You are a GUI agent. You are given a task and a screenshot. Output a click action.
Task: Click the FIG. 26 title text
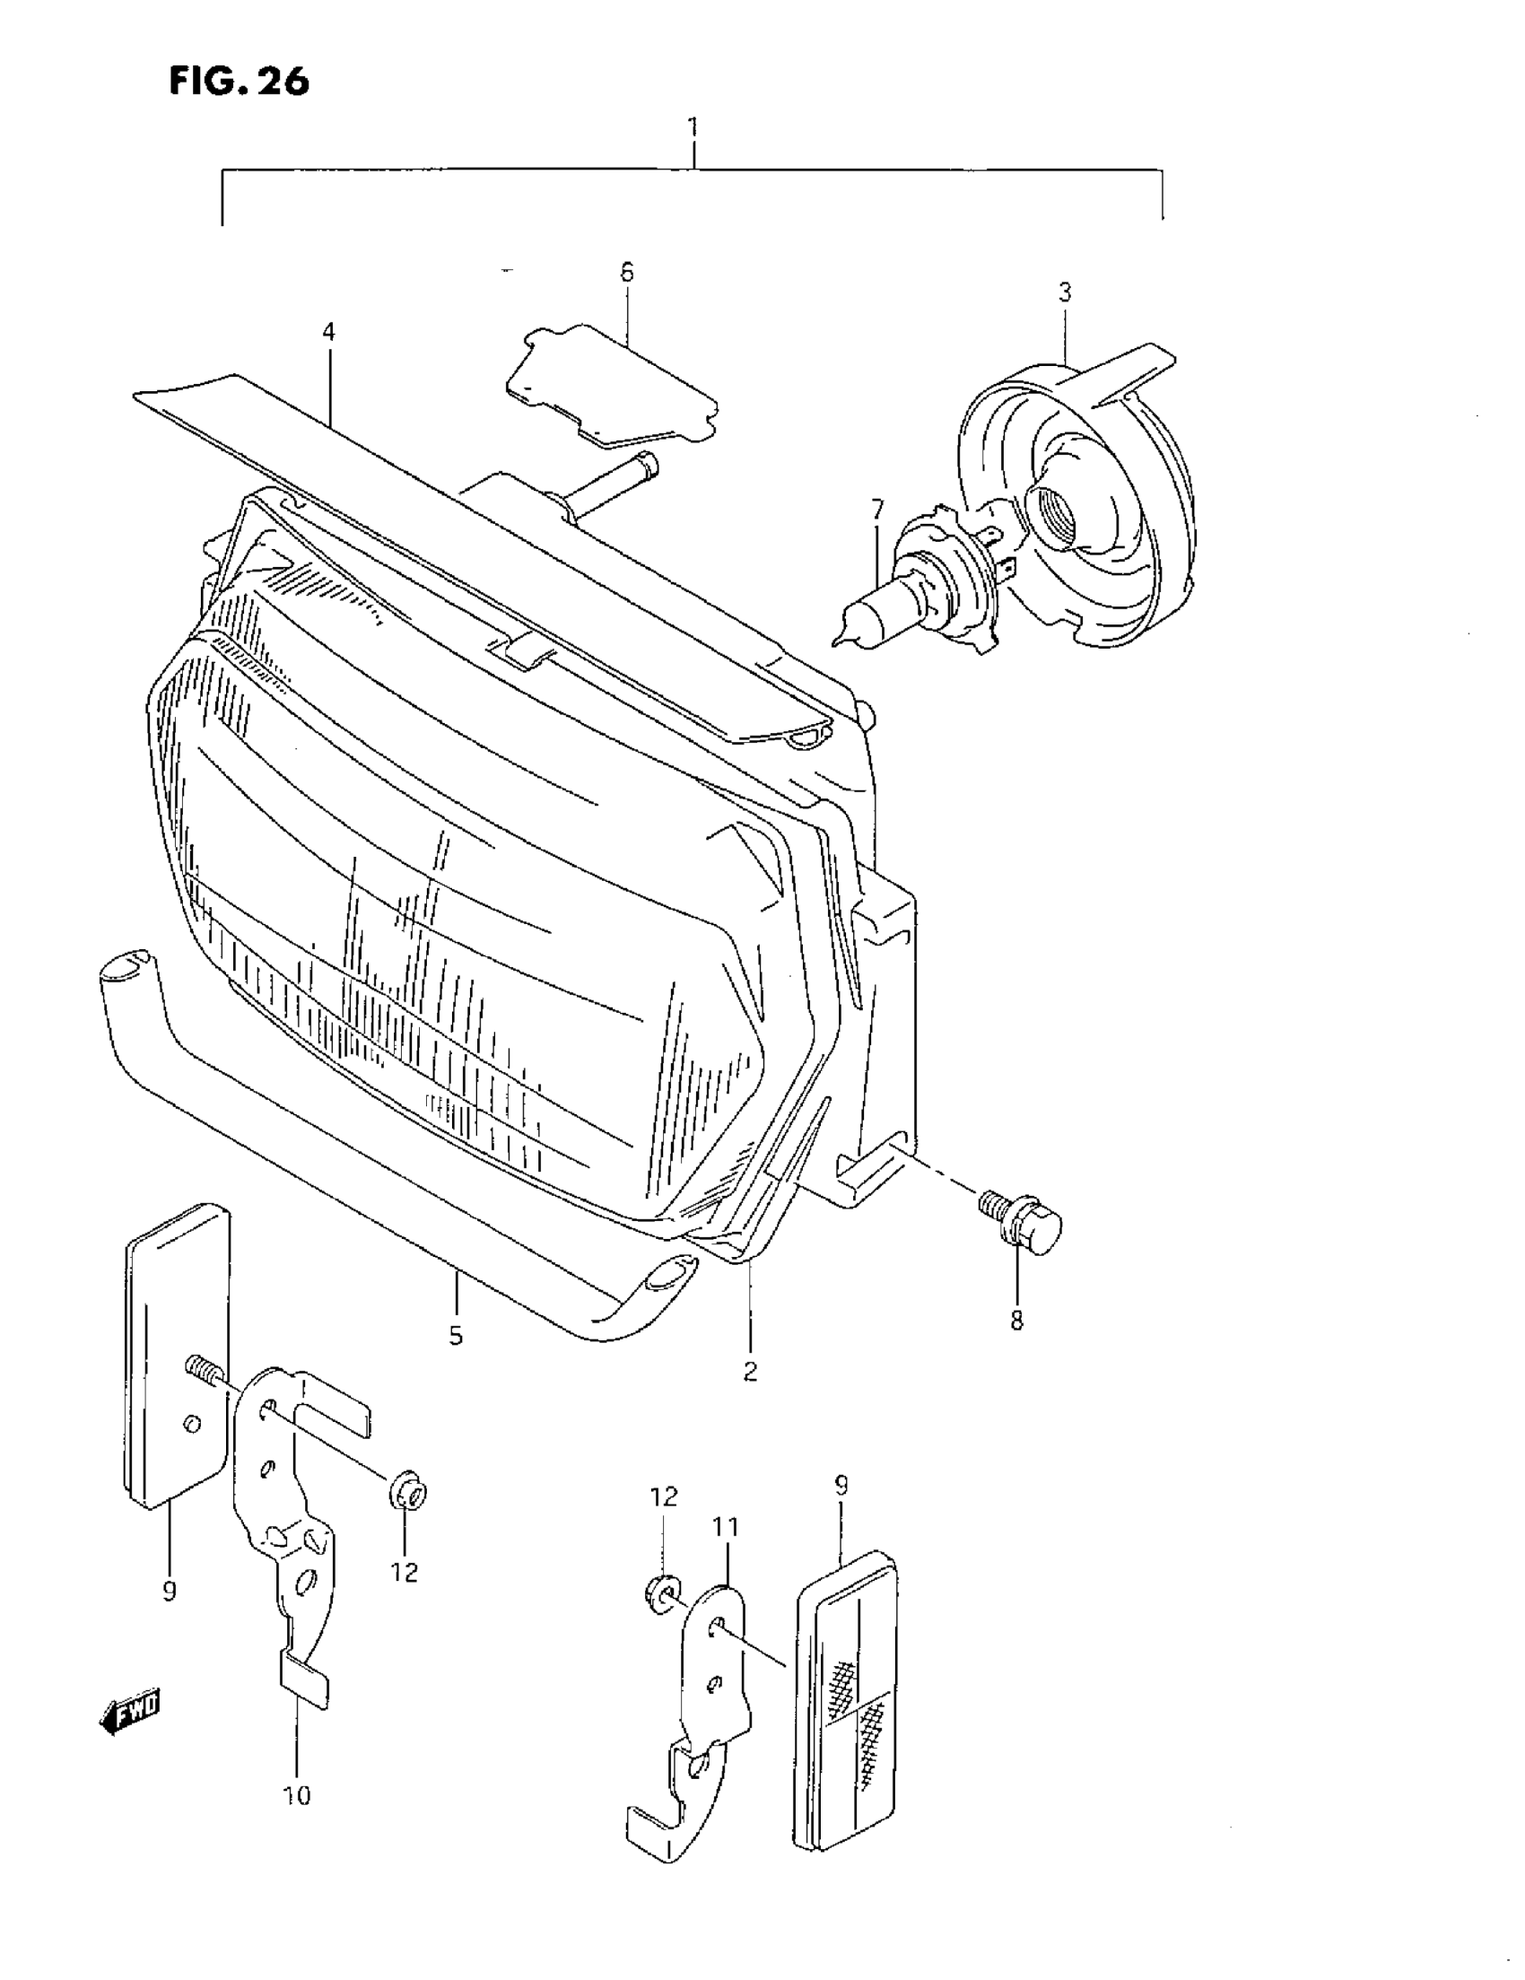pos(239,82)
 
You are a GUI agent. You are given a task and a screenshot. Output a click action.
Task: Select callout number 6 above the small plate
pos(626,272)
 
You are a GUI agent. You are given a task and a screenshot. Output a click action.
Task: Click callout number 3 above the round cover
pos(1065,292)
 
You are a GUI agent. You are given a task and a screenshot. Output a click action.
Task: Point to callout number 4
pos(328,333)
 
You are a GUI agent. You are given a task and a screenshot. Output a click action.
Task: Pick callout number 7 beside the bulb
pos(876,510)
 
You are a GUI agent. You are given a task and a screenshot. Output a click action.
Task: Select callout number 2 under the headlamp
pos(750,1372)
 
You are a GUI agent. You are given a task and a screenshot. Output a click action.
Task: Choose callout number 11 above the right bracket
pos(726,1527)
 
